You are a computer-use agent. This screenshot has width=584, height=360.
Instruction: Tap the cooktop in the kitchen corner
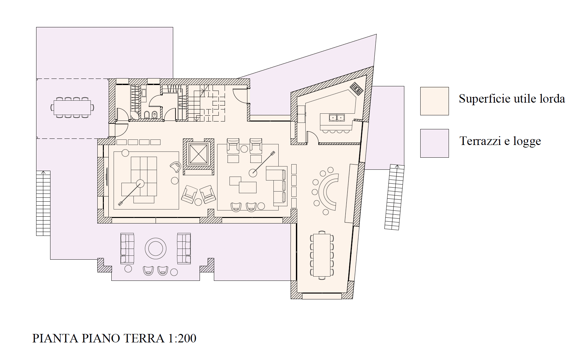point(356,89)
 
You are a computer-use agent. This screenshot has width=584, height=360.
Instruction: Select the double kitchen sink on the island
point(337,117)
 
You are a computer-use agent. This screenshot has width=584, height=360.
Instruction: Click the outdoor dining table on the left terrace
point(72,107)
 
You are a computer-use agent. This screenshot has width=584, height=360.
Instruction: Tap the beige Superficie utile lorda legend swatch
point(434,101)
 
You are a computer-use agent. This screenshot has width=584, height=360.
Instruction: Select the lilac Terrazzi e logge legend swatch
point(434,143)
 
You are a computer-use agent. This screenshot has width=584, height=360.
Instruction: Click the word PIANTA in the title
point(55,338)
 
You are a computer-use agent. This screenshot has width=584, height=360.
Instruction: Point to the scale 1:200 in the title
point(182,338)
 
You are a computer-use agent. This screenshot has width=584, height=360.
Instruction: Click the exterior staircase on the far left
point(43,203)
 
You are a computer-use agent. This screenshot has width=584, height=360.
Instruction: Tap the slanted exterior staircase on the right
point(395,197)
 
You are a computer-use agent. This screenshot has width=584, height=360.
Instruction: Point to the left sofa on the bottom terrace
point(127,248)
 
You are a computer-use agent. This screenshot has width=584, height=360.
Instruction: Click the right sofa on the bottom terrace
point(184,248)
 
